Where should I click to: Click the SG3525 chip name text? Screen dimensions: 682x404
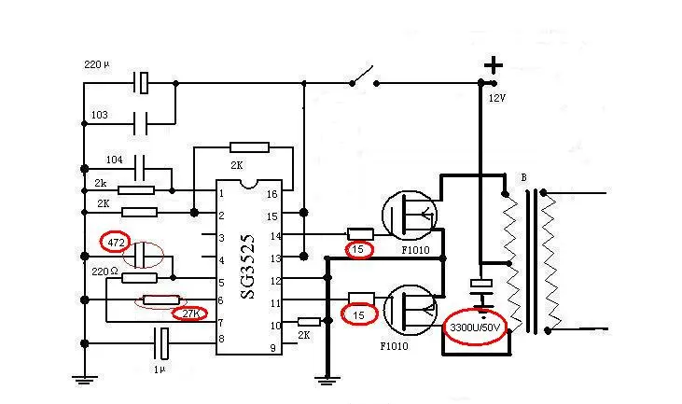[x=247, y=266]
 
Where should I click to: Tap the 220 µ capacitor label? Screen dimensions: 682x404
[x=97, y=64]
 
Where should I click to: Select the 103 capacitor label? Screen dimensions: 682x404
[x=99, y=115]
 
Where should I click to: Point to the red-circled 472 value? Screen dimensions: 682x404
[x=116, y=243]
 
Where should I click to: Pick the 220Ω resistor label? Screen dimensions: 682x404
[x=104, y=272]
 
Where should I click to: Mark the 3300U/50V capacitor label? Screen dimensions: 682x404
[x=475, y=327]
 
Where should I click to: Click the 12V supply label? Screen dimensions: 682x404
[x=497, y=98]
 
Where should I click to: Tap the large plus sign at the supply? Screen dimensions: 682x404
[x=494, y=65]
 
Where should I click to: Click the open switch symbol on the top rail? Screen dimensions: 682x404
[x=364, y=77]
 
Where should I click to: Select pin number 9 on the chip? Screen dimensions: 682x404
[x=272, y=348]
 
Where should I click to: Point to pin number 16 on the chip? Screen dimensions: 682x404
[x=271, y=194]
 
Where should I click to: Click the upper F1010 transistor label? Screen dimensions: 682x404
[x=415, y=250]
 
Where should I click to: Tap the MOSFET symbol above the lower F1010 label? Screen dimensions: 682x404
[x=411, y=310]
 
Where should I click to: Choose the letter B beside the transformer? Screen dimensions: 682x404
[x=523, y=178]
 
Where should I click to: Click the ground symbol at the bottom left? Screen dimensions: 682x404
[x=84, y=379]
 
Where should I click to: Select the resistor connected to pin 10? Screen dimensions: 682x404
[x=309, y=322]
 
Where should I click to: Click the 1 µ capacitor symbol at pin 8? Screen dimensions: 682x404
[x=161, y=343]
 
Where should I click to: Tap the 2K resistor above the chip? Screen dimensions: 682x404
[x=250, y=147]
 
